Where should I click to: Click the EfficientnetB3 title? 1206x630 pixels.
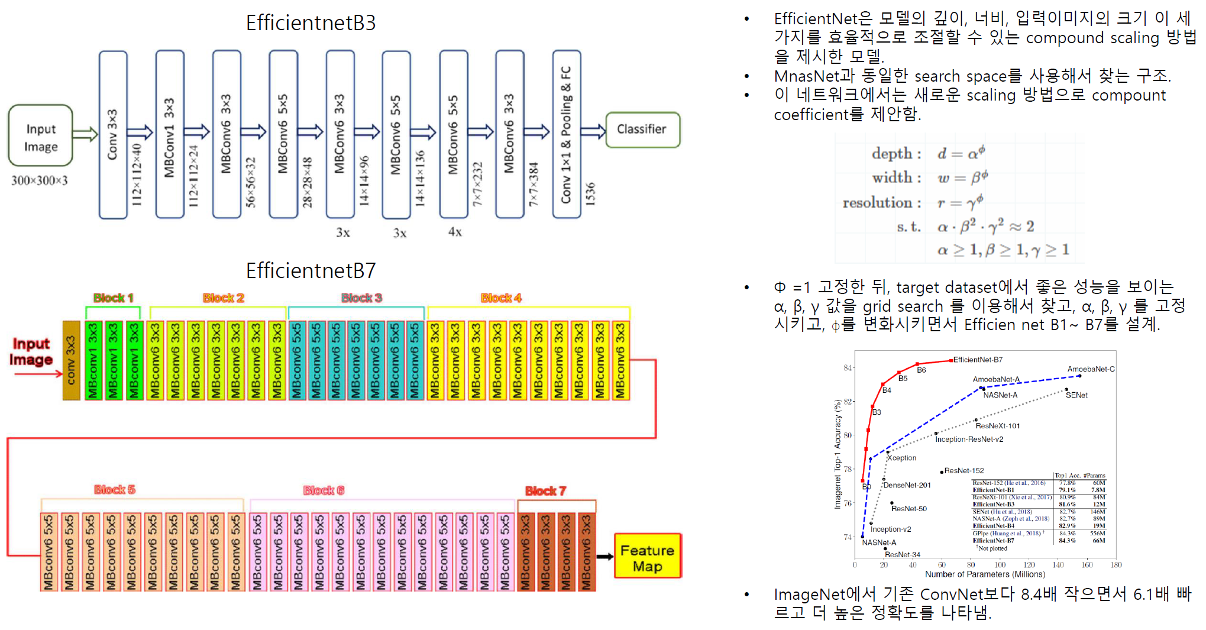pyautogui.click(x=311, y=23)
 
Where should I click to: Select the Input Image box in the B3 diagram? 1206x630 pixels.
pyautogui.click(x=41, y=137)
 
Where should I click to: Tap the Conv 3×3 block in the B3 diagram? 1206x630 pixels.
pyautogui.click(x=113, y=134)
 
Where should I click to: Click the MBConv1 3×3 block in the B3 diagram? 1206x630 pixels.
pyautogui.click(x=170, y=134)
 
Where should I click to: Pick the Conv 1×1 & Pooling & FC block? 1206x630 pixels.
pyautogui.click(x=567, y=134)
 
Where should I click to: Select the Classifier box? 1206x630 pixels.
pyautogui.click(x=642, y=130)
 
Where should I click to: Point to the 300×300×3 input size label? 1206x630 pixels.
pyautogui.click(x=40, y=180)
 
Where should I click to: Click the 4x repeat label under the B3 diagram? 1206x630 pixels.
pyautogui.click(x=455, y=232)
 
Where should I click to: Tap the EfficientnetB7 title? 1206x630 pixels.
pyautogui.click(x=311, y=271)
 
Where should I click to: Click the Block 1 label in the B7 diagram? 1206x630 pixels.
pyautogui.click(x=113, y=298)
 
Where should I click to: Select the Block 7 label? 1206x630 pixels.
pyautogui.click(x=545, y=491)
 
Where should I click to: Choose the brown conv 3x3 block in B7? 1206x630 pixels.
pyautogui.click(x=71, y=360)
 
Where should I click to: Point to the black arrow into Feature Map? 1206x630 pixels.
pyautogui.click(x=604, y=557)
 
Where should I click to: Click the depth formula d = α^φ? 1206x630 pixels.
pyautogui.click(x=961, y=153)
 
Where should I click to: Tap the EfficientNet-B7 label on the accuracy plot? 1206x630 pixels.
pyautogui.click(x=978, y=360)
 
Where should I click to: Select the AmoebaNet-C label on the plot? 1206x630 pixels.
pyautogui.click(x=1091, y=369)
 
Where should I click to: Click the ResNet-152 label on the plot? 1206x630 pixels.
pyautogui.click(x=963, y=471)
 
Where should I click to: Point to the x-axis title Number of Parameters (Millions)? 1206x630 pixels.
pyautogui.click(x=985, y=574)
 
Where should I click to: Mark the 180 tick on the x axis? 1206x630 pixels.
pyautogui.click(x=1116, y=565)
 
